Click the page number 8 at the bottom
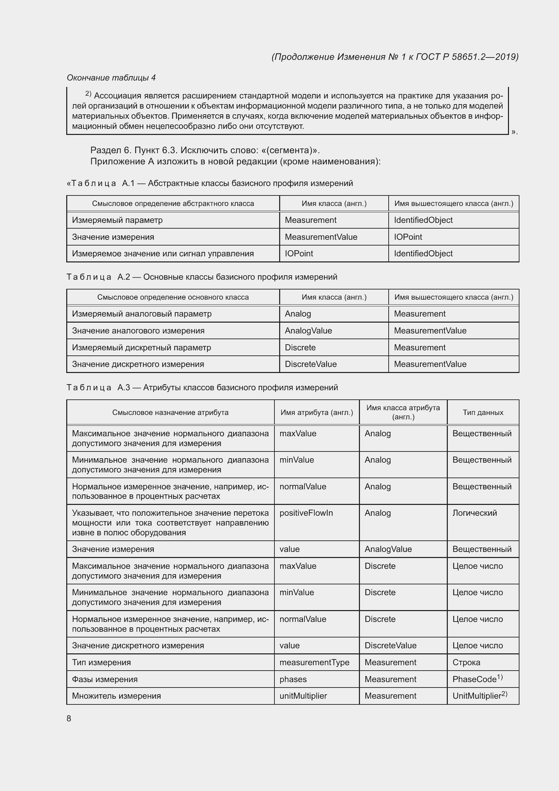tap(69, 719)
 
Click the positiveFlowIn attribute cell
tap(306, 513)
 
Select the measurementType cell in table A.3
tap(314, 662)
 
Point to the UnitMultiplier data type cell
tap(480, 696)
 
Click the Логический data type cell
tap(474, 513)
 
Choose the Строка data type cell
tap(466, 662)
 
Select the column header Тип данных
tap(483, 412)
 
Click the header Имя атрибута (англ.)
tap(317, 412)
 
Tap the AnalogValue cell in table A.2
tap(309, 331)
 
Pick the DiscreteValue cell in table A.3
tap(390, 646)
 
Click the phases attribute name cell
tap(293, 679)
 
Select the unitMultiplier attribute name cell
tap(303, 696)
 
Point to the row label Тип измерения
tap(101, 662)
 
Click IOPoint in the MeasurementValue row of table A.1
tap(408, 237)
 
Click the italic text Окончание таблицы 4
tap(111, 78)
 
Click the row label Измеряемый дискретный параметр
tap(141, 348)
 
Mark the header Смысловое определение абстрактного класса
tap(173, 204)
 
